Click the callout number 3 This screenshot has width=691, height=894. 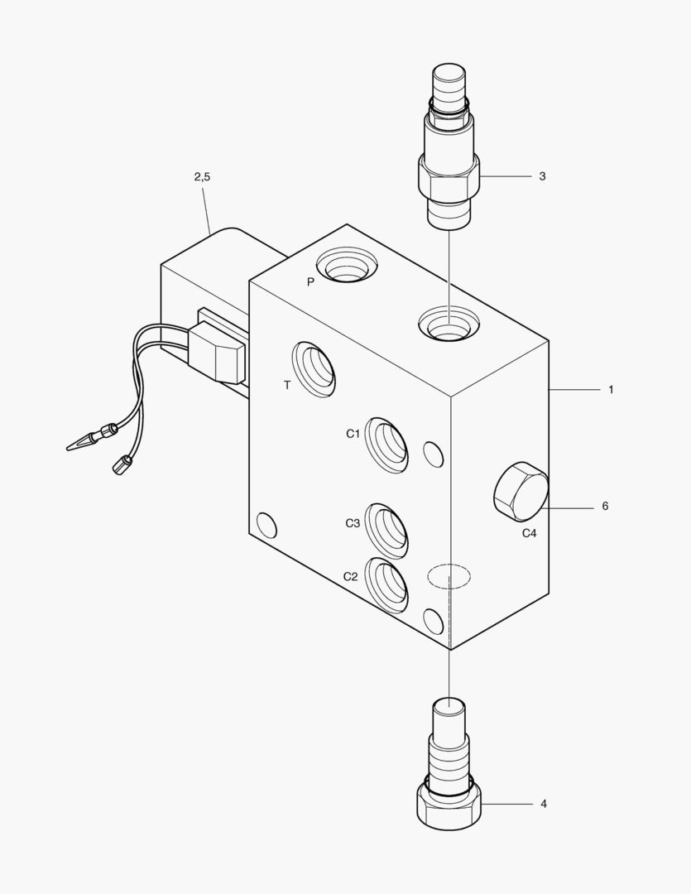[542, 176]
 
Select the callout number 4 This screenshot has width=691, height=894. [544, 803]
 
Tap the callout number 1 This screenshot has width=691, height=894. [611, 390]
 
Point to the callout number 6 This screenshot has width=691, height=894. [605, 506]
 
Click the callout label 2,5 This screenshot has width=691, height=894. [202, 177]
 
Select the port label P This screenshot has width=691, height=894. [310, 281]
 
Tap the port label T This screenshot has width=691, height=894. [287, 386]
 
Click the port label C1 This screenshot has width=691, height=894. [353, 434]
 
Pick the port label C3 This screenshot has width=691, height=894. [353, 523]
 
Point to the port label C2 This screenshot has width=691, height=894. [351, 576]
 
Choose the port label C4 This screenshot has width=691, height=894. [530, 533]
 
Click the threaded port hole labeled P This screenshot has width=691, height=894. [348, 265]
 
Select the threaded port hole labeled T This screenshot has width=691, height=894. [313, 369]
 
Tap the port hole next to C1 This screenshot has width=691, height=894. [386, 445]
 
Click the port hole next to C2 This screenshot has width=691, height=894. [386, 585]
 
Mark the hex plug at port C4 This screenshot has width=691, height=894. [521, 491]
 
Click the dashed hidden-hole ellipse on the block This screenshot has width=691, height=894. [449, 576]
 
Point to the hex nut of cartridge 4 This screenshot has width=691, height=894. [449, 805]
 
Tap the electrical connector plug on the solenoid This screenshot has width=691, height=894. [217, 353]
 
